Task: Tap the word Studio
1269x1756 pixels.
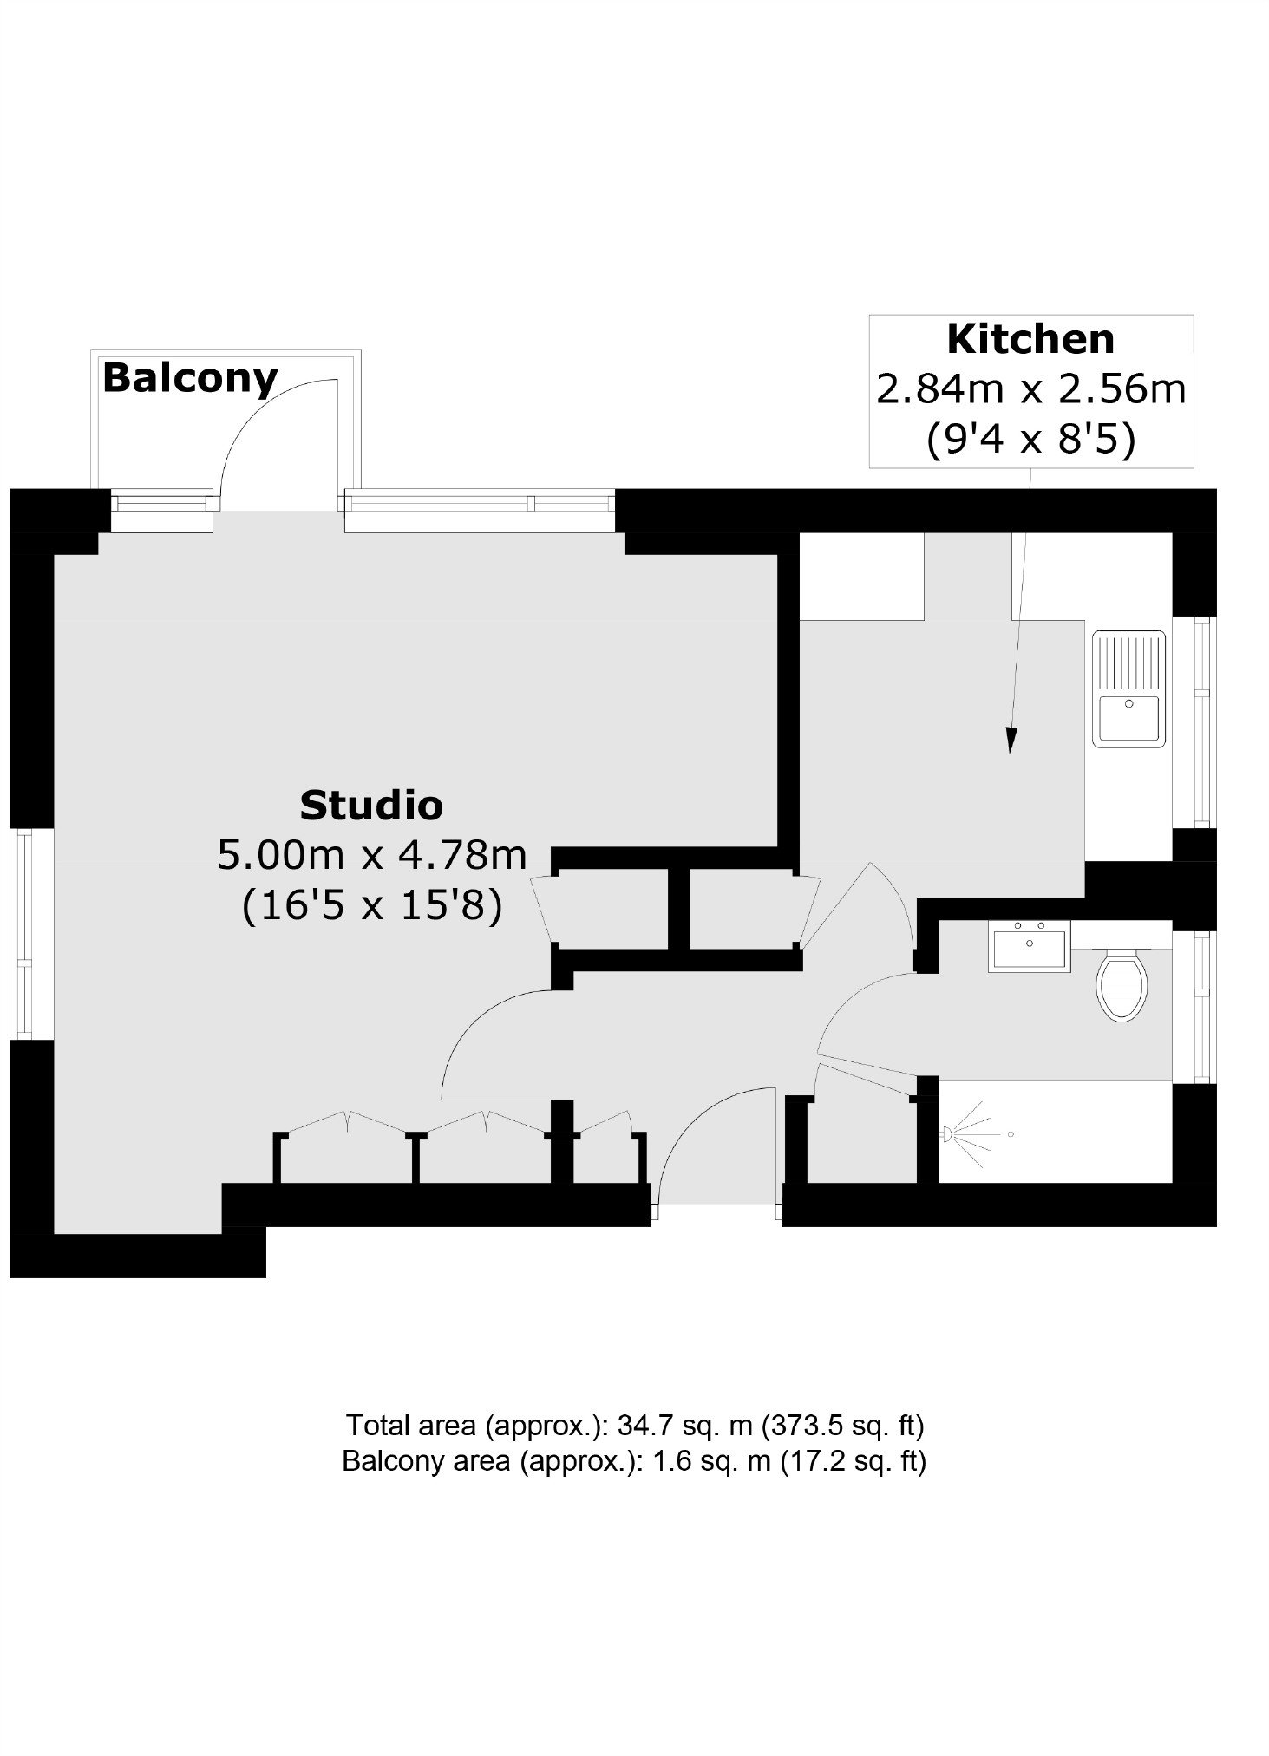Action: (x=371, y=806)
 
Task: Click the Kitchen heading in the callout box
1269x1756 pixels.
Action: (x=1030, y=339)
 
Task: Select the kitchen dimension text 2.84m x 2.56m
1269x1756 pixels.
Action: (x=1030, y=389)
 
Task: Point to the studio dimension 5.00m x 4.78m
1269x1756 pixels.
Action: (x=372, y=856)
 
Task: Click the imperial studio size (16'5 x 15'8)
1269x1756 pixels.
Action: (x=372, y=908)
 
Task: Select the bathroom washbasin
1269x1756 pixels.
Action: (x=1029, y=945)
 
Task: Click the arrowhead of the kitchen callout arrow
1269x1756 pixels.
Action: (x=1010, y=740)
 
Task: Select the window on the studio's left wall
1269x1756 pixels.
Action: (x=23, y=935)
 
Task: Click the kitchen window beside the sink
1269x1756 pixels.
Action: (x=1204, y=721)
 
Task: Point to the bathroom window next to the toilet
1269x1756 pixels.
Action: (x=1204, y=1007)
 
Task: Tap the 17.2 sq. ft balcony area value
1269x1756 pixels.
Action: (x=854, y=1462)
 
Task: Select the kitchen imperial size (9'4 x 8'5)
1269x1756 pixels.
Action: (x=1030, y=441)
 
